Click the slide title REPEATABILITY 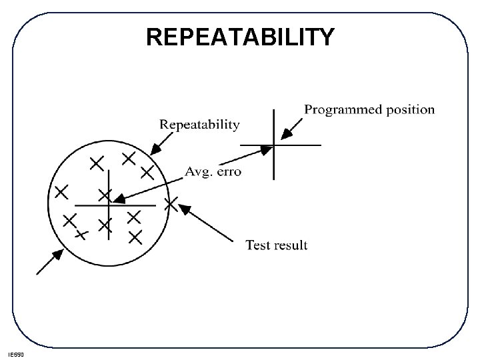pyautogui.click(x=240, y=38)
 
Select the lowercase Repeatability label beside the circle pyautogui.click(x=199, y=124)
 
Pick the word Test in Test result pyautogui.click(x=259, y=245)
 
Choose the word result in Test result pyautogui.click(x=292, y=245)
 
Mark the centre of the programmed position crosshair pyautogui.click(x=273, y=145)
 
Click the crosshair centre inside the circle pyautogui.click(x=109, y=204)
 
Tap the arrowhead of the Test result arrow pyautogui.click(x=185, y=209)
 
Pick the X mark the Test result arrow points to pyautogui.click(x=171, y=204)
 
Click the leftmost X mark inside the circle pyautogui.click(x=61, y=192)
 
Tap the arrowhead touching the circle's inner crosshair pyautogui.click(x=115, y=201)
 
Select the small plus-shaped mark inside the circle pyautogui.click(x=81, y=234)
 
